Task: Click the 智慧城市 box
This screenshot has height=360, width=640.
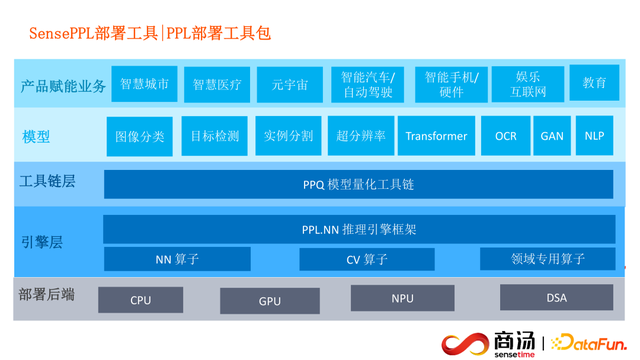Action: pyautogui.click(x=144, y=84)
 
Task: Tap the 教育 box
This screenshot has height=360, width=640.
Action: pyautogui.click(x=594, y=82)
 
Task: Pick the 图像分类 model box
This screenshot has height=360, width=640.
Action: pyautogui.click(x=140, y=136)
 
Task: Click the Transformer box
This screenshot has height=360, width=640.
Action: pyautogui.click(x=436, y=136)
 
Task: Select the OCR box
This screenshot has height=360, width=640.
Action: pyautogui.click(x=506, y=136)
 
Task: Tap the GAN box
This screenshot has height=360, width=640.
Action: pyautogui.click(x=552, y=136)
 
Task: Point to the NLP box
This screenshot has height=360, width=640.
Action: pyautogui.click(x=594, y=136)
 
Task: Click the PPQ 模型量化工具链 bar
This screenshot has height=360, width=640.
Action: pyautogui.click(x=358, y=184)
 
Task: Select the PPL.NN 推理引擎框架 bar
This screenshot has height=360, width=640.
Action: pyautogui.click(x=358, y=229)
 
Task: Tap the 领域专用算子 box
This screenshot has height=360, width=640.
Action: pyautogui.click(x=547, y=259)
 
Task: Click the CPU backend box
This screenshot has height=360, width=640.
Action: pyautogui.click(x=141, y=300)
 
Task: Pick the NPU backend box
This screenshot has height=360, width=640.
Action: pyautogui.click(x=402, y=298)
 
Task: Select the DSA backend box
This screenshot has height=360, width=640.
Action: pyautogui.click(x=556, y=298)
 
